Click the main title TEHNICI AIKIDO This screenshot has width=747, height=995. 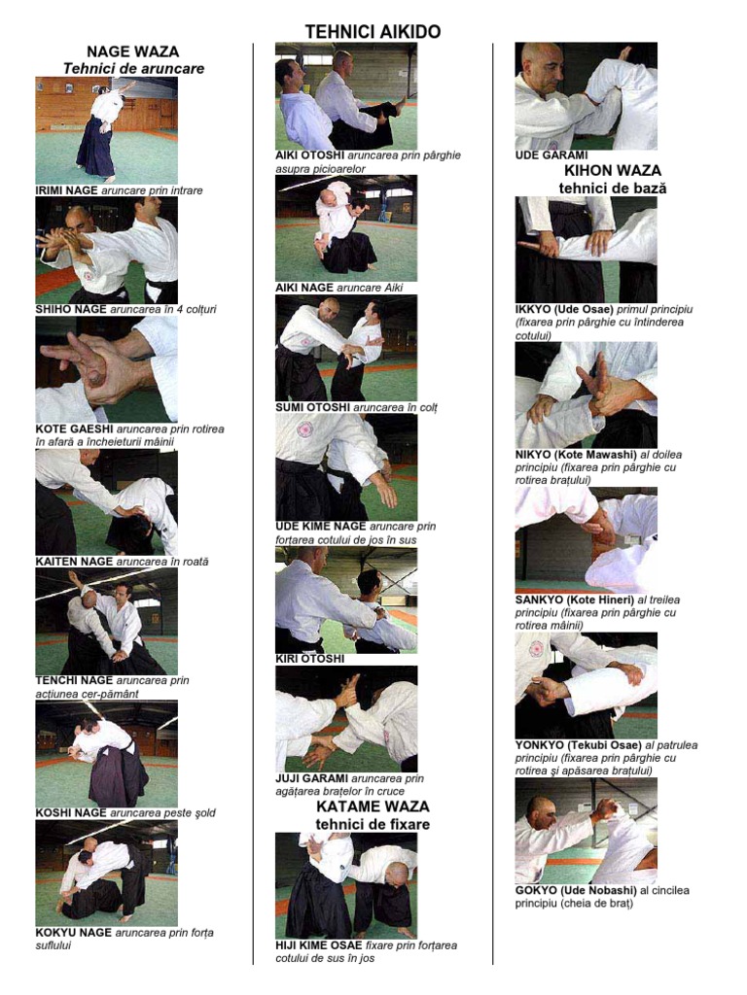click(x=373, y=32)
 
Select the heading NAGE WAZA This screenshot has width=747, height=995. click(x=132, y=52)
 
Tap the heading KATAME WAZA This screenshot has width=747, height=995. click(x=373, y=806)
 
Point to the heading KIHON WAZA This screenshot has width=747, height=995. click(x=613, y=171)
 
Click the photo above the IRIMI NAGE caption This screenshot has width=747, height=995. click(x=107, y=131)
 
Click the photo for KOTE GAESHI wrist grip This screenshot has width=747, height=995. click(x=107, y=370)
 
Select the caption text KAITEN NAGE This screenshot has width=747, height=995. click(x=74, y=562)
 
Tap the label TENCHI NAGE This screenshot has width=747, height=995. click(x=74, y=681)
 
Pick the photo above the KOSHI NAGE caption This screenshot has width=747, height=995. click(x=107, y=754)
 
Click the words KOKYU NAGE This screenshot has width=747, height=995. click(x=74, y=933)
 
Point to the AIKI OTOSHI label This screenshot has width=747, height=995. click(x=310, y=155)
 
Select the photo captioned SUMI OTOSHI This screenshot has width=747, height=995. click(x=346, y=348)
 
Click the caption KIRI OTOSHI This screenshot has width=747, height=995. click(x=310, y=660)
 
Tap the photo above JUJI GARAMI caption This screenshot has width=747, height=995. click(x=346, y=719)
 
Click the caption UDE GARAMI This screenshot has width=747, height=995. click(x=551, y=155)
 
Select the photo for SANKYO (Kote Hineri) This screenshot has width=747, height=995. click(x=587, y=540)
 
